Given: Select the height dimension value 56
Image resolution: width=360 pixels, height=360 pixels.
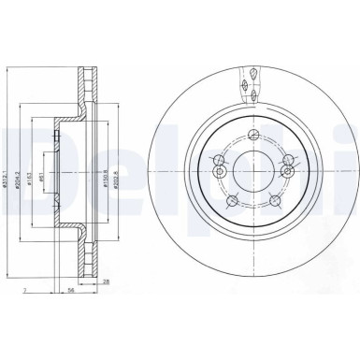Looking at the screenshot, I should click(x=71, y=292).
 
